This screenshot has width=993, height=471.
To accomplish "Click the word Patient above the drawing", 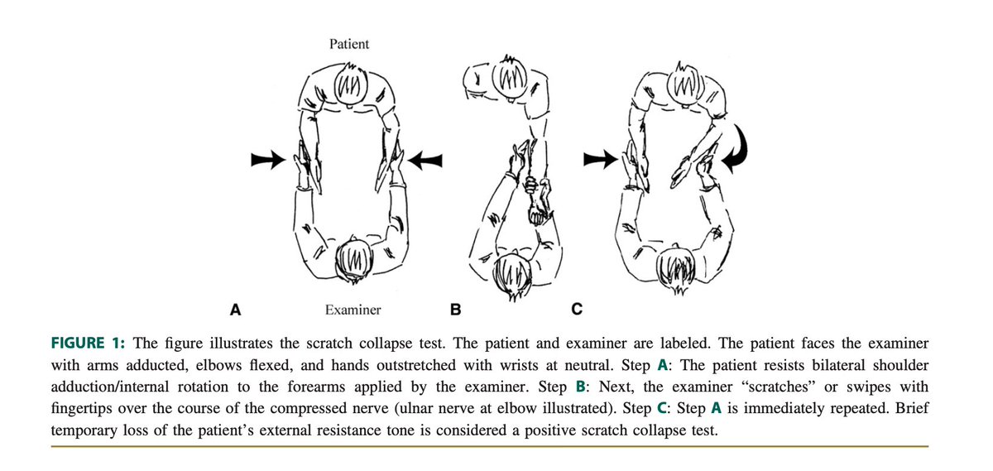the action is pyautogui.click(x=349, y=44).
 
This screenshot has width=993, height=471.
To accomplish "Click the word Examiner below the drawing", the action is pyautogui.click(x=353, y=310).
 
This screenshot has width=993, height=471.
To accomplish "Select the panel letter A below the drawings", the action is pyautogui.click(x=235, y=309).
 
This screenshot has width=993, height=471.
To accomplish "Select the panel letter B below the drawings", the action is pyautogui.click(x=455, y=309).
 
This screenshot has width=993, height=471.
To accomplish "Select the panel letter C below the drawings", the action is pyautogui.click(x=577, y=309).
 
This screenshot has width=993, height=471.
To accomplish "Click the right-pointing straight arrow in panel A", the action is pyautogui.click(x=268, y=160).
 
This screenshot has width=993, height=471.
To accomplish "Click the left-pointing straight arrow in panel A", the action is pyautogui.click(x=425, y=160).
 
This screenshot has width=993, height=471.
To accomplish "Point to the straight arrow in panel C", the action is pyautogui.click(x=600, y=160).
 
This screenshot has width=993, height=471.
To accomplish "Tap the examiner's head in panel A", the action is pyautogui.click(x=353, y=261).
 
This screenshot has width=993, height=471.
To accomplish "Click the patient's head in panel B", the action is pyautogui.click(x=510, y=79).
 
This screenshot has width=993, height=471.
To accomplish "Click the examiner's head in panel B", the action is pyautogui.click(x=513, y=276).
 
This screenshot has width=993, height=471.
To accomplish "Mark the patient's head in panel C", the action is pyautogui.click(x=685, y=84).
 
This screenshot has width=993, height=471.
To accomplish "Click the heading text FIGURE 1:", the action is pyautogui.click(x=88, y=344).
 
